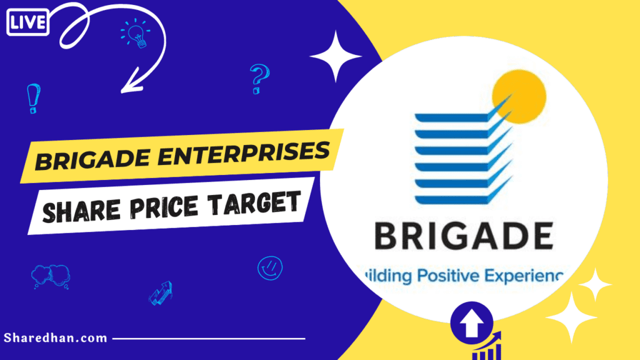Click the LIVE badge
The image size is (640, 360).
click(27, 23)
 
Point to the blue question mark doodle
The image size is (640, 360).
click(258, 79)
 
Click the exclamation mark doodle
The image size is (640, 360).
click(32, 99)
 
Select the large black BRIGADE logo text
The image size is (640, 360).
click(463, 237)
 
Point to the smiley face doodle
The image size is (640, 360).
click(270, 268)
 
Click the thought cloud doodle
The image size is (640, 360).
click(50, 275)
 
